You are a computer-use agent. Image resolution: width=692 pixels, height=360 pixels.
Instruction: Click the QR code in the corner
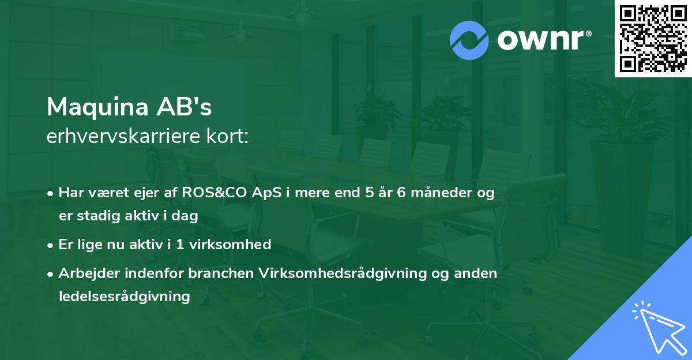pyautogui.click(x=653, y=38)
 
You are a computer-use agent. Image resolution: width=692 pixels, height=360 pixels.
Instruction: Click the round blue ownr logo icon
pyautogui.click(x=469, y=40)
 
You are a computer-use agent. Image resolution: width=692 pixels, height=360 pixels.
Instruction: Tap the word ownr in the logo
pyautogui.click(x=543, y=40)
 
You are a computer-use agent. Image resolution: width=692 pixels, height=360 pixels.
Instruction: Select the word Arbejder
pyautogui.click(x=86, y=273)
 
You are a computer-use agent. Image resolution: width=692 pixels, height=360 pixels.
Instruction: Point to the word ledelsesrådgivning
pyautogui.click(x=124, y=297)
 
